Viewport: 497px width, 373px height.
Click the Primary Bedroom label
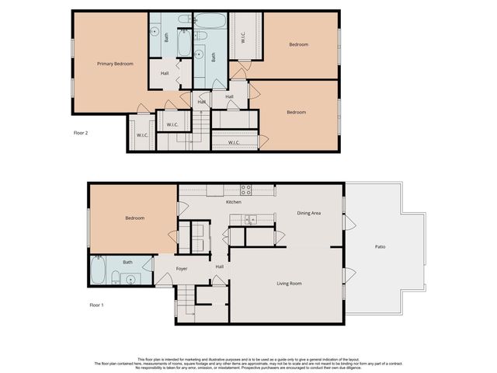coord(114,63)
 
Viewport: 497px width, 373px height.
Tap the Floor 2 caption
coord(81,133)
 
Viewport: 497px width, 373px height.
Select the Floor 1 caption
coord(96,305)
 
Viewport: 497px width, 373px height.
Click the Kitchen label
coord(234,202)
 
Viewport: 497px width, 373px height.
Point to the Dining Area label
coord(310,212)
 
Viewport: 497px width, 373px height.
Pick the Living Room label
coord(289,283)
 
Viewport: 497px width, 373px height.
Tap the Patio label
coord(381,246)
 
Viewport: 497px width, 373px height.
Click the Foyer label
coord(182,269)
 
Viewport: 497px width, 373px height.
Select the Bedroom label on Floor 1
coord(134,218)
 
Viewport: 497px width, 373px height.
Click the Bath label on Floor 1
coord(127,262)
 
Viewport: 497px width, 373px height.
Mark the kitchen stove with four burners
coord(245,188)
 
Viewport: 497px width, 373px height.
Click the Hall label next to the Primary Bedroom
coord(165,74)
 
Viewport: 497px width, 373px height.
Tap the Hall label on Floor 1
coord(220,267)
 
